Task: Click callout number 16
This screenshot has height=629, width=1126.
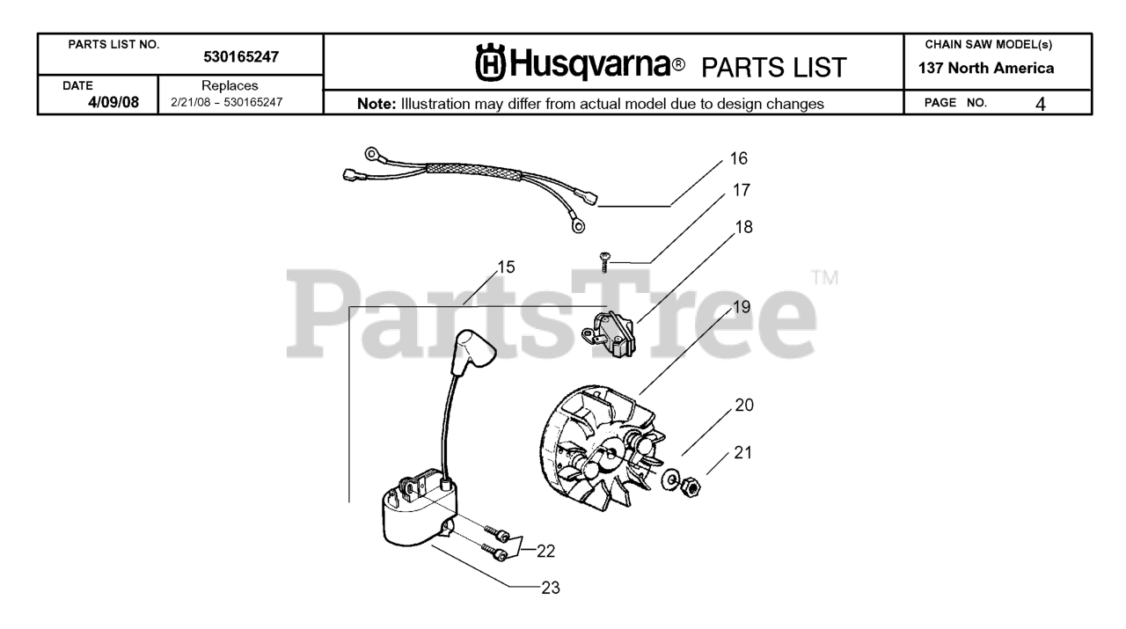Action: tap(738, 159)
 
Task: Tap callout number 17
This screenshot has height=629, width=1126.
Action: tap(742, 189)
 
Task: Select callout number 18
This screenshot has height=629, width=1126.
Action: tap(743, 226)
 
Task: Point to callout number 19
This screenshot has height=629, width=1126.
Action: tap(741, 307)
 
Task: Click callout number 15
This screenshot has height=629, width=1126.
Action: tap(506, 266)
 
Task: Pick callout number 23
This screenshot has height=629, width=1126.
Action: tap(550, 587)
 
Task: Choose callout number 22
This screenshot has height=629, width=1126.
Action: tap(545, 551)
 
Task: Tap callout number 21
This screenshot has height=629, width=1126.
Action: tap(743, 453)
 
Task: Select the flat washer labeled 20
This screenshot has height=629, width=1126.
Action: tap(672, 477)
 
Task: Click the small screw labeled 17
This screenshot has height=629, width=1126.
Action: tap(604, 260)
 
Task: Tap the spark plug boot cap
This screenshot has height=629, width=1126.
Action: tap(468, 350)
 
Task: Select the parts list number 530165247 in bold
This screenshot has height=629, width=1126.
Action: tap(241, 57)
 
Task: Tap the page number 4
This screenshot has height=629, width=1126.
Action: tap(1041, 103)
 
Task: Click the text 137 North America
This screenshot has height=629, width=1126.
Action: tap(999, 68)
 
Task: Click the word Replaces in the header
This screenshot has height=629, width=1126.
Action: tap(229, 86)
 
